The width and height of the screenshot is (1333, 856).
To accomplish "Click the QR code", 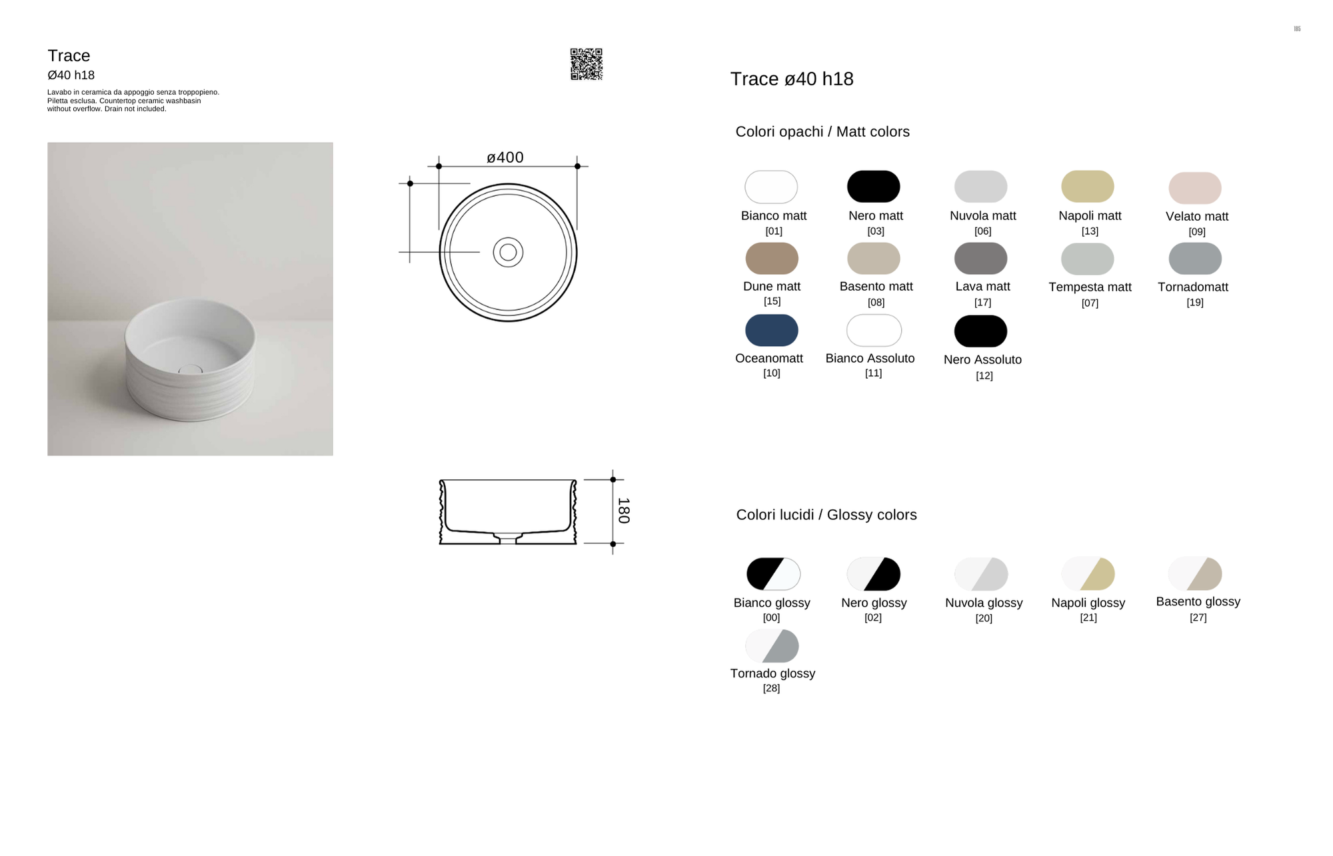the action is coord(587,64).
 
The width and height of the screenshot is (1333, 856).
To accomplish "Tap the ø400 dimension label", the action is coord(505,157).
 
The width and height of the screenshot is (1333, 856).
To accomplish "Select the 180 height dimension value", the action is coord(623,511).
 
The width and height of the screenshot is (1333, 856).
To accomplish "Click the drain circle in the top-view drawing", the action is coord(508,252).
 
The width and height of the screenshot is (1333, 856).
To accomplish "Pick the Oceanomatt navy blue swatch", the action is coord(772,330).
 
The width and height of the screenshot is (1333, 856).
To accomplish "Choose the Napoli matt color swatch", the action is coord(1088,186).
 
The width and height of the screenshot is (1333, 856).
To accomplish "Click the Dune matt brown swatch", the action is coord(772,259).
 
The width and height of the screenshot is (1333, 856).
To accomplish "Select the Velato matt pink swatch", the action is coord(1195,188).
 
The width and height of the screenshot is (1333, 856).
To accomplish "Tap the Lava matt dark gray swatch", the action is coord(980,259).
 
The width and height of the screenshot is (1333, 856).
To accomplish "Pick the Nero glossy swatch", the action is coord(874,574).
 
